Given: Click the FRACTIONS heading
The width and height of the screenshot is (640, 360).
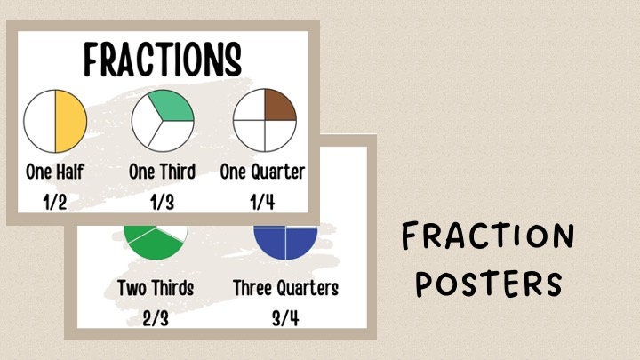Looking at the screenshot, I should pos(163,60).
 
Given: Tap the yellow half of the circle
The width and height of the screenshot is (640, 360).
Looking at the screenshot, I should pos(71,122).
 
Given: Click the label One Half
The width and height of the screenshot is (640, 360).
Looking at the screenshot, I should pos(55,172).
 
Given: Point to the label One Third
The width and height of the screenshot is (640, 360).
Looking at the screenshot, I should pos(163,172).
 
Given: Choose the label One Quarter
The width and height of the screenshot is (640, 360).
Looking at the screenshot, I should pos(262,172).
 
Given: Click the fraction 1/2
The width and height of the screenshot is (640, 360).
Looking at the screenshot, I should pos(55,202).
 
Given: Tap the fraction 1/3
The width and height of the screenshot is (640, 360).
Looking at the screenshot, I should pos(162,202).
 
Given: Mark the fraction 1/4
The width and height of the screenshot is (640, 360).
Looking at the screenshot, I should pos(262,202).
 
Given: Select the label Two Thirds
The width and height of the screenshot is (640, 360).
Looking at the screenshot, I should pos(156,288).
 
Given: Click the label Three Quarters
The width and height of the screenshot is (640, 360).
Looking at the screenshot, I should pos(285,288).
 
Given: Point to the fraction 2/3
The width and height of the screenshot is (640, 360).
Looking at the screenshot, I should pos(156,317).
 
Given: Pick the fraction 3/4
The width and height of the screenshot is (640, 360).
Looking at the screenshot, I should pos(285,317).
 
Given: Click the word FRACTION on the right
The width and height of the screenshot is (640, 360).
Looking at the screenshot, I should pos(487,238).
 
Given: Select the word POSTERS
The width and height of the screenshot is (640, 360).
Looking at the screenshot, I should pos(489,284).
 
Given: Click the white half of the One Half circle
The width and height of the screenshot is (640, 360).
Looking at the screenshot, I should pos(39,122).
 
